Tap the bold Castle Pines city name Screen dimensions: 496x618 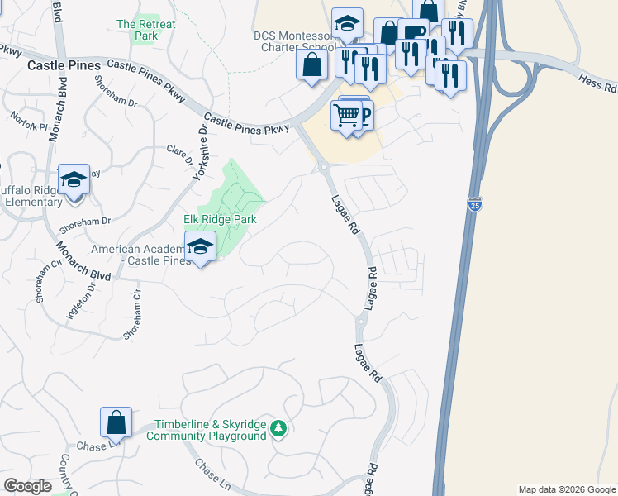pos(64,64)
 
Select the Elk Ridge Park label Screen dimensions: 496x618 pos(220,219)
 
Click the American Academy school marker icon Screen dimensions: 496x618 pos(200,246)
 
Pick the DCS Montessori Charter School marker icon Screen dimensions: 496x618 pos(348,24)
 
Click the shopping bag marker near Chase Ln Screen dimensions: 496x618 pos(116,422)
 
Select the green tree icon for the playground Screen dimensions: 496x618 pos(278,427)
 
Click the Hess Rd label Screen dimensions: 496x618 pos(598,84)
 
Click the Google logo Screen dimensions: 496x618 pos(27,486)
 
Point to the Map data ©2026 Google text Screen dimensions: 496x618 pos(567,489)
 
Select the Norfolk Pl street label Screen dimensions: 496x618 pos(31,126)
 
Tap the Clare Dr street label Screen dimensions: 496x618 pos(179,155)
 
